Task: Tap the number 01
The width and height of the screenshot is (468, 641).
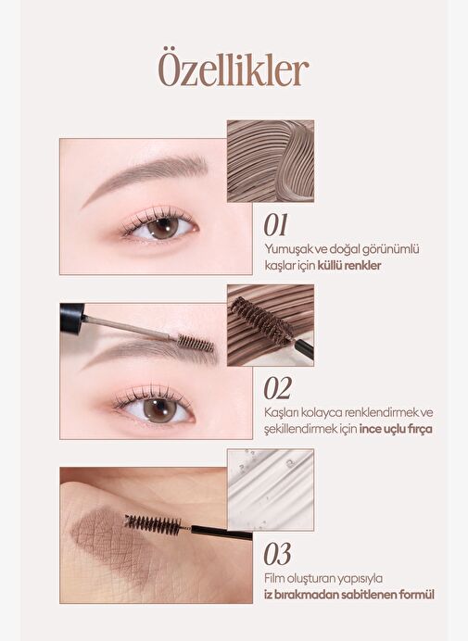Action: coord(275,225)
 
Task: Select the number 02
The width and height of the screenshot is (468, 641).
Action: coord(277,388)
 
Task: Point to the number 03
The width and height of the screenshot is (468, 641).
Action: coord(277,554)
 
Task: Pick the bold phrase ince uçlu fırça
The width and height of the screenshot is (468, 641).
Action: coord(396,429)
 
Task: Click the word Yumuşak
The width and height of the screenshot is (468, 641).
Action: coord(285,249)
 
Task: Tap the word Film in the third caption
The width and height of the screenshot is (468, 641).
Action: coord(273,578)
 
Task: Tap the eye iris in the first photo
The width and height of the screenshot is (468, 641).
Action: coord(163,227)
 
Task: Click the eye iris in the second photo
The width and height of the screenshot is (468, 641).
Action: coord(160,410)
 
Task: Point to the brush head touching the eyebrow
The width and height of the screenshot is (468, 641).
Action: coord(196,343)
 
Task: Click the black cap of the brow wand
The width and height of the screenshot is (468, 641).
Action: coord(72,318)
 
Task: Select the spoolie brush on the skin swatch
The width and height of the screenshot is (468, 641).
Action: coord(153,524)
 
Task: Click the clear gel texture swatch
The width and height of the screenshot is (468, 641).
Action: coord(271,490)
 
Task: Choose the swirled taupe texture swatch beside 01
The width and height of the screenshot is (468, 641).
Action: coord(271,161)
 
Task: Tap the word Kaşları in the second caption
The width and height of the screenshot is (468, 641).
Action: coord(281,413)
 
